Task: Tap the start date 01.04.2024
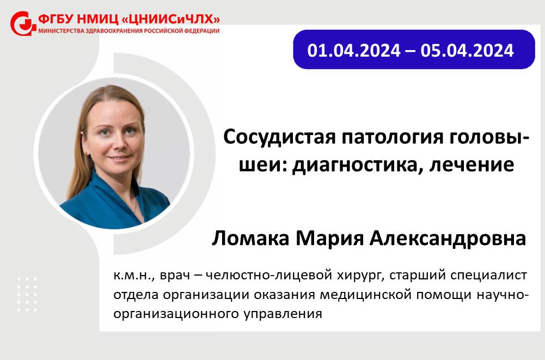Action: (354, 51)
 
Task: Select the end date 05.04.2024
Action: (467, 51)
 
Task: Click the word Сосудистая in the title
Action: (279, 137)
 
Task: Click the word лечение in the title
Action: (471, 164)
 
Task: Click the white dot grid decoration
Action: (27, 294)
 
